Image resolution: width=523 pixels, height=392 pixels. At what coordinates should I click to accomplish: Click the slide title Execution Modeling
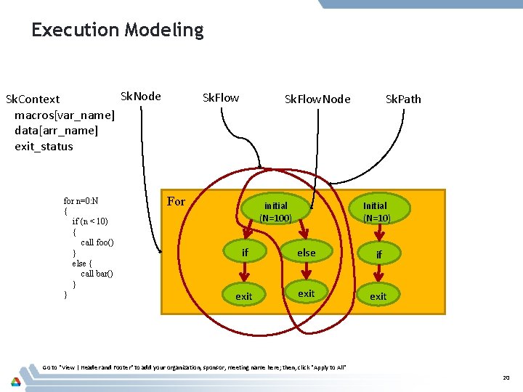click(x=117, y=30)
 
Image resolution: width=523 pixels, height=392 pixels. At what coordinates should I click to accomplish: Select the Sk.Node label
click(x=140, y=97)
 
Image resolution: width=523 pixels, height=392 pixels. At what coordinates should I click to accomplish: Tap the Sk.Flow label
click(x=221, y=98)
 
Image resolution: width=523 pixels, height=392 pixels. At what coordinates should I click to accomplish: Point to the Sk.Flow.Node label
click(x=317, y=99)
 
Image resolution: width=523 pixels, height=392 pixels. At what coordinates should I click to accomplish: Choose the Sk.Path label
click(x=403, y=99)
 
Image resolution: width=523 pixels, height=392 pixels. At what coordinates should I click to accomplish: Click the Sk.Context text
click(x=33, y=99)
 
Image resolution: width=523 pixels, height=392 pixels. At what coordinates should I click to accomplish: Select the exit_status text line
click(x=44, y=147)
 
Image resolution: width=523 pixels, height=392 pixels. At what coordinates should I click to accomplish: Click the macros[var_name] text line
click(x=64, y=115)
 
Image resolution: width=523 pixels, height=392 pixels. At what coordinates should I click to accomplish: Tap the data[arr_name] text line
click(x=56, y=131)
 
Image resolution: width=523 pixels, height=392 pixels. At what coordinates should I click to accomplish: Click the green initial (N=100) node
click(x=275, y=212)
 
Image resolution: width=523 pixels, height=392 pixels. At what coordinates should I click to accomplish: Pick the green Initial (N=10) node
click(x=376, y=212)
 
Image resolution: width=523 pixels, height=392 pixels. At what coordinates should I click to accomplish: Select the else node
click(x=307, y=253)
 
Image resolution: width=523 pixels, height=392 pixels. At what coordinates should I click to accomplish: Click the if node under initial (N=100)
click(x=245, y=253)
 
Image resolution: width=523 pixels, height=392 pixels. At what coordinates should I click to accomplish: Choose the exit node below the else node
click(x=307, y=293)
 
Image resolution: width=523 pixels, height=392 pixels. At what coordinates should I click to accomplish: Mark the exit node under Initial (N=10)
click(x=378, y=296)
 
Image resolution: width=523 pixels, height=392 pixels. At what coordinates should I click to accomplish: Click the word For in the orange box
click(x=177, y=202)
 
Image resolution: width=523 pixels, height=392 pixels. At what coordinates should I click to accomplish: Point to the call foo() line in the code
click(x=97, y=242)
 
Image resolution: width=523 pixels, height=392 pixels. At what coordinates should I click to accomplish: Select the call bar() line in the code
click(x=97, y=274)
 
